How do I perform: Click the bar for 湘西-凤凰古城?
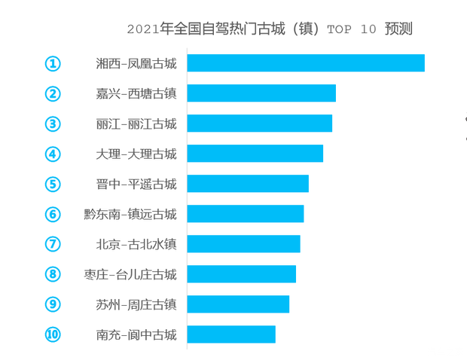tap(306, 63)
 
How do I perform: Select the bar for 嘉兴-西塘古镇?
tap(261, 93)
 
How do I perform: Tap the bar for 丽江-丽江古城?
tap(260, 124)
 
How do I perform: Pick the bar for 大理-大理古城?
tap(255, 154)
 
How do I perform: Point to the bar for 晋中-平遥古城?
tap(248, 184)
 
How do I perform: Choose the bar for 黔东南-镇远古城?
tap(246, 214)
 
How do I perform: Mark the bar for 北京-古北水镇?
tap(244, 244)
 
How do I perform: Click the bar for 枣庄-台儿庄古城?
tap(242, 274)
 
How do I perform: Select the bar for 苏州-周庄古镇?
tap(238, 304)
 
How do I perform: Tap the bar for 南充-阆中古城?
tap(231, 334)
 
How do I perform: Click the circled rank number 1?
tap(53, 63)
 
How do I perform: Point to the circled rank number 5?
tap(53, 184)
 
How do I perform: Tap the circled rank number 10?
tap(53, 334)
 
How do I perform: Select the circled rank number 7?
tap(53, 244)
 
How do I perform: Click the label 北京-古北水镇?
tap(136, 244)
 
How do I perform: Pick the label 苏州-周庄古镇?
tap(136, 304)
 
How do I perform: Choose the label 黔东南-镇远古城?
tap(130, 214)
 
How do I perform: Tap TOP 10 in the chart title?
tap(352, 29)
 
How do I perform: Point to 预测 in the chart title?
tap(398, 29)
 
